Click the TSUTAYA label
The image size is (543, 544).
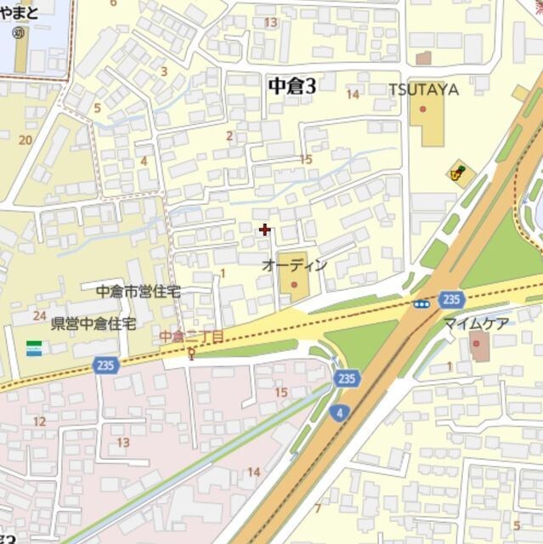pyautogui.click(x=424, y=89)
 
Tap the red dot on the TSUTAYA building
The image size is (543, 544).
pyautogui.click(x=422, y=109)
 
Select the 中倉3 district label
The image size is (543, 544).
pyautogui.click(x=291, y=85)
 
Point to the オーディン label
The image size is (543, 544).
pyautogui.click(x=294, y=265)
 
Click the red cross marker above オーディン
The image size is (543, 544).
pyautogui.click(x=265, y=229)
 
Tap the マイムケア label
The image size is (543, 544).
pyautogui.click(x=475, y=324)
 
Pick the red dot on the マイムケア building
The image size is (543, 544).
pyautogui.click(x=476, y=343)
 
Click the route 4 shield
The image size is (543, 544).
pyautogui.click(x=339, y=412)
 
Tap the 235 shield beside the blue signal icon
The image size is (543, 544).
pyautogui.click(x=451, y=299)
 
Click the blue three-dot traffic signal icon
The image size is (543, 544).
pyautogui.click(x=421, y=303)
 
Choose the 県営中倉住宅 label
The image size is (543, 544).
pyautogui.click(x=93, y=324)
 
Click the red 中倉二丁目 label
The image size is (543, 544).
pyautogui.click(x=191, y=337)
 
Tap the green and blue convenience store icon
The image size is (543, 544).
pyautogui.click(x=34, y=348)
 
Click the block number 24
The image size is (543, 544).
pyautogui.click(x=39, y=315)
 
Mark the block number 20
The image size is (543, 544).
pyautogui.click(x=25, y=139)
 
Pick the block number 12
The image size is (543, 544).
pyautogui.click(x=39, y=421)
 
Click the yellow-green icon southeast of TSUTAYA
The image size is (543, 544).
pyautogui.click(x=459, y=173)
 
